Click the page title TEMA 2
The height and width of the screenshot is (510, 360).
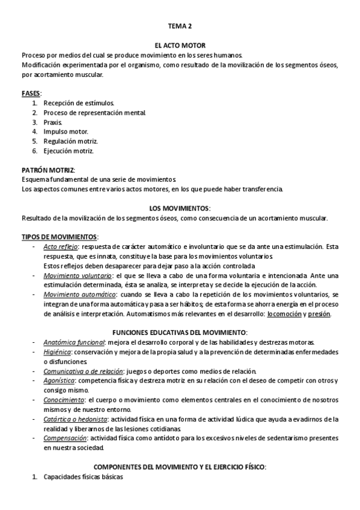tap(180, 26)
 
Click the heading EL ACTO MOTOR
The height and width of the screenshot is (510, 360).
tap(180, 45)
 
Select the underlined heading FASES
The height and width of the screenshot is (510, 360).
tap(31, 94)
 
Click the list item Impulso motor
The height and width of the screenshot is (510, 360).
tap(66, 132)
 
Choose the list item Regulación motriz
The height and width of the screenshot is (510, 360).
tap(70, 141)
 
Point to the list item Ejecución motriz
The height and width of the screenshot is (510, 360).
tap(69, 151)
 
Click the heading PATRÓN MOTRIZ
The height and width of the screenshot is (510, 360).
tap(48, 170)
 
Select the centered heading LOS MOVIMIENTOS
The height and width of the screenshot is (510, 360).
tap(179, 208)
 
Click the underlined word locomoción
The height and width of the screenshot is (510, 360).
tap(285, 314)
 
